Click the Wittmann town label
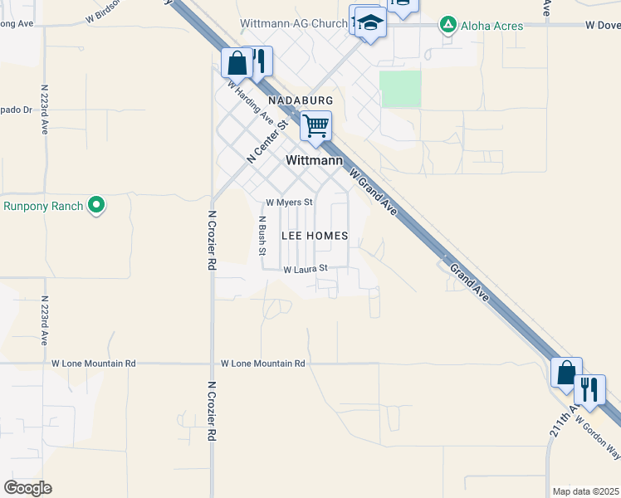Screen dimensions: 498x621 click(x=314, y=160)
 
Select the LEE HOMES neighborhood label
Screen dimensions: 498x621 click(x=314, y=236)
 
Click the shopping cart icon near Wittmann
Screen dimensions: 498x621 click(x=315, y=127)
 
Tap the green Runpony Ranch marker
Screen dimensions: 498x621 click(x=97, y=204)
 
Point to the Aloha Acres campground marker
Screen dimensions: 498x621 click(x=448, y=26)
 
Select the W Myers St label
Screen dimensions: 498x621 click(x=289, y=203)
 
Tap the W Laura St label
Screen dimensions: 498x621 click(x=306, y=269)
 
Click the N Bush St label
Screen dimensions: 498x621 click(x=262, y=234)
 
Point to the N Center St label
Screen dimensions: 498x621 click(x=266, y=142)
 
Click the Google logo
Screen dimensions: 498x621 click(x=27, y=488)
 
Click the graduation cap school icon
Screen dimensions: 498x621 click(x=370, y=25)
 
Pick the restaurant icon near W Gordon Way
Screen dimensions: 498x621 click(x=589, y=388)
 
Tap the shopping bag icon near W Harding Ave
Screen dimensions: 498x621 click(x=237, y=63)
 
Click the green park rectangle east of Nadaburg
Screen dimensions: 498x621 click(x=400, y=89)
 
